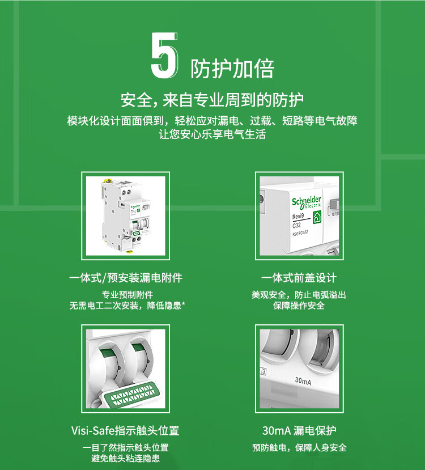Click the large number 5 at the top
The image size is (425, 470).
(164, 56)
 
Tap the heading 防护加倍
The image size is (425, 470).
(232, 69)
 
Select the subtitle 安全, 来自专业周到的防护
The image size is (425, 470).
(212, 100)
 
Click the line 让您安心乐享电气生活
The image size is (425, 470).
(212, 134)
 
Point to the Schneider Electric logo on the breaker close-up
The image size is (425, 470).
(307, 202)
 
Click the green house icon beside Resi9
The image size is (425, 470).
(317, 217)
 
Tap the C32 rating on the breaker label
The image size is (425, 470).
(296, 225)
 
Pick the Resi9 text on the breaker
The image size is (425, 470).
(298, 217)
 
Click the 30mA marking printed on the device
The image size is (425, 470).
(303, 381)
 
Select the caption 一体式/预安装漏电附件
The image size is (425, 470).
(126, 278)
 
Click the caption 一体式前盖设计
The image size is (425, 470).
(299, 278)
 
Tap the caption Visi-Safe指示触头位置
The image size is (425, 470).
(125, 430)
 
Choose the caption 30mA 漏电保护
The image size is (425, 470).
(299, 430)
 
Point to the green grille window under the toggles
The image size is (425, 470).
(133, 395)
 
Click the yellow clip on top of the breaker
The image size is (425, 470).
(107, 181)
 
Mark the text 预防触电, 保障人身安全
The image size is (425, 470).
(299, 447)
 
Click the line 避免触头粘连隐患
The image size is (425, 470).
(125, 458)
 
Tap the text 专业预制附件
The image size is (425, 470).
(127, 295)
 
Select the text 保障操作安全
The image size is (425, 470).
(299, 306)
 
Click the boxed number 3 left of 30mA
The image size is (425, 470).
(263, 372)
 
